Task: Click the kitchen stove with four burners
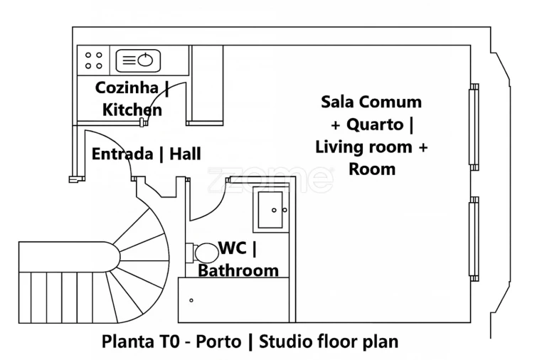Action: click(94, 60)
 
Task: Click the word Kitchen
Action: click(132, 110)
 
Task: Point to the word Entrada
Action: click(122, 154)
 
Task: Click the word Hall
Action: click(185, 154)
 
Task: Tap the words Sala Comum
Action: click(371, 102)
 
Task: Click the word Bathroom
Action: click(238, 270)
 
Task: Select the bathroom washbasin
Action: click(272, 209)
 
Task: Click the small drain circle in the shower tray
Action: click(191, 300)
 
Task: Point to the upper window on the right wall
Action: click(473, 127)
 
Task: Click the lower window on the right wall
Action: click(473, 238)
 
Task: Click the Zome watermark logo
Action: click(270, 179)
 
